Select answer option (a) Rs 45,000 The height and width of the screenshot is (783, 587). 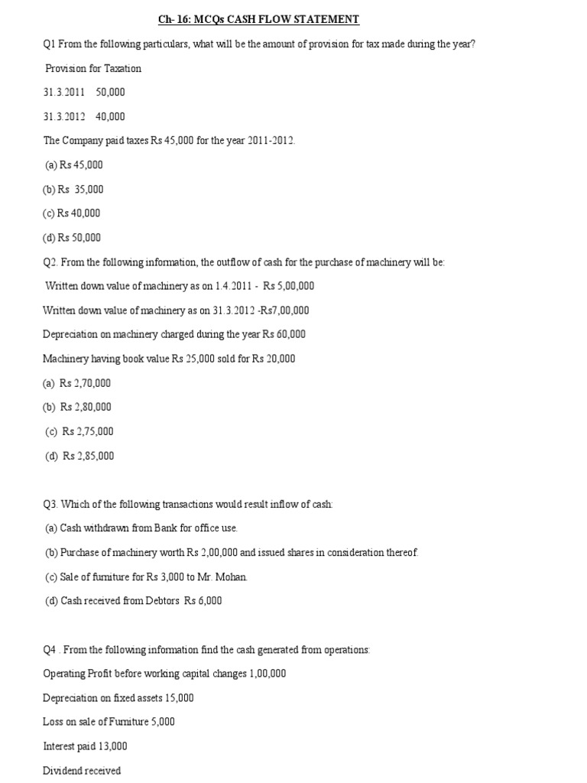click(74, 164)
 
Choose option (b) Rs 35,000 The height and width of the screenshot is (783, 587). click(73, 189)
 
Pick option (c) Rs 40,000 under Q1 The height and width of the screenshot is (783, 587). click(72, 213)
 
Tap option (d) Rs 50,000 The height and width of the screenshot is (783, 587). click(73, 238)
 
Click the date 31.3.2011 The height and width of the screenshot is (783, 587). click(64, 93)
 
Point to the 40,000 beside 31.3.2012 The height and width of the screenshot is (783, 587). click(110, 117)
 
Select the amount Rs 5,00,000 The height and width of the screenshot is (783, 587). click(288, 286)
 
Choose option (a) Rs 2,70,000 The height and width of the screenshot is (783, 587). click(77, 383)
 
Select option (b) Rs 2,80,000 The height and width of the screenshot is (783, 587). click(77, 407)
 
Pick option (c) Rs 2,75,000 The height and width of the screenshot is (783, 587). click(79, 431)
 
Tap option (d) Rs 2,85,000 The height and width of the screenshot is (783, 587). click(79, 456)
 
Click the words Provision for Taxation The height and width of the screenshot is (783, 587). click(93, 68)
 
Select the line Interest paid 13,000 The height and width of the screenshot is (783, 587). click(85, 746)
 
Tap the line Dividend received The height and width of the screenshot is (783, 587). click(82, 771)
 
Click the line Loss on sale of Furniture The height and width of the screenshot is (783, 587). click(109, 722)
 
